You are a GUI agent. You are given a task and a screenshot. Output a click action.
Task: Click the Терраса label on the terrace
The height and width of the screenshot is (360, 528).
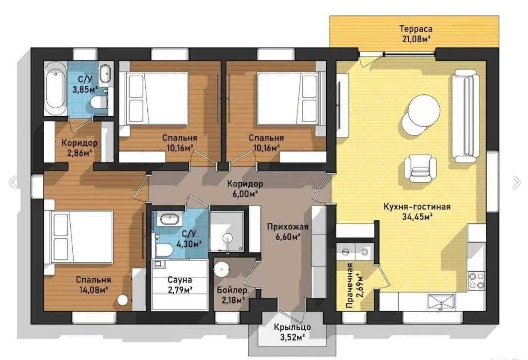point(416,29)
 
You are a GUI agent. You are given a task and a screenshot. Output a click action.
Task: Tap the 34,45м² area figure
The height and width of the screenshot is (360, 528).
point(417,217)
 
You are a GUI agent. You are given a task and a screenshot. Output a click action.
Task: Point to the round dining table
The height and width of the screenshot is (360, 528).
point(424,110)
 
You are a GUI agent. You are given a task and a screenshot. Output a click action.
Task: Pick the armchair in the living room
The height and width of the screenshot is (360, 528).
point(420,168)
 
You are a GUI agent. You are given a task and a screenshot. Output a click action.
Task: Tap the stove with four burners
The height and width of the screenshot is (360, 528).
point(477,281)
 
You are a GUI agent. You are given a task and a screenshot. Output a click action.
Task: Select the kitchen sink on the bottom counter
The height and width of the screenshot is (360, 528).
point(441,302)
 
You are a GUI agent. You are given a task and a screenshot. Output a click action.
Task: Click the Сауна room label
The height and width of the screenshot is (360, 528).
point(180,280)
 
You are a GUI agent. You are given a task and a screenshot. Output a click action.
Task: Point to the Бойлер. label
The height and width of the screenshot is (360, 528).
point(233,290)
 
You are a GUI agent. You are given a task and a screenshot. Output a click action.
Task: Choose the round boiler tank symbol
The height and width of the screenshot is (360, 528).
point(221,269)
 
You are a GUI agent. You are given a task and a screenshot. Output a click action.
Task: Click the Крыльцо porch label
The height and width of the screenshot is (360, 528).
point(292,327)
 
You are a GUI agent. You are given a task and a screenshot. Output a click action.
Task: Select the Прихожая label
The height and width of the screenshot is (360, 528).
point(288,227)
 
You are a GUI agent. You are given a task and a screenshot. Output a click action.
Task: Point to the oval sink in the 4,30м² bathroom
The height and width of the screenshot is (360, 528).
point(169,219)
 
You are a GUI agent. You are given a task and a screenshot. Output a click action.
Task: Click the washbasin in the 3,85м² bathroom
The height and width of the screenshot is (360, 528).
point(105,74)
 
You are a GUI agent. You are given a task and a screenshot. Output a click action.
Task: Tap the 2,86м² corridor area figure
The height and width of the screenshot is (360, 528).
point(80,153)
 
